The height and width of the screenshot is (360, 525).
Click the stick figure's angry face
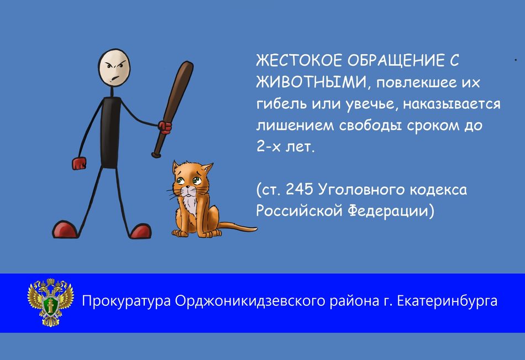114,67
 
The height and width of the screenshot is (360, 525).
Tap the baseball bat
173,108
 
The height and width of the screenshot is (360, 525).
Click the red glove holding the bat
165,127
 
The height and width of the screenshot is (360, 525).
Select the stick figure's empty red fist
79,163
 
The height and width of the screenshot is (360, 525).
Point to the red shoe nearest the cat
140,231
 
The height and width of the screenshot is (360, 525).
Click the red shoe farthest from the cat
65,229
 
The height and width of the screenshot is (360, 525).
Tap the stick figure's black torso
111,132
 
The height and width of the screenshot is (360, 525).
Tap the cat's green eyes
189,181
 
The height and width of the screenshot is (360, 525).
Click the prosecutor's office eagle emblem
50,302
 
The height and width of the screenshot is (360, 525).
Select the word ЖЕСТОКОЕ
298,61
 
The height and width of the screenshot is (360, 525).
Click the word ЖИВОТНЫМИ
311,82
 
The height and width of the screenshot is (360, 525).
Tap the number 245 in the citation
300,189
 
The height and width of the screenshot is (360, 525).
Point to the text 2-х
269,147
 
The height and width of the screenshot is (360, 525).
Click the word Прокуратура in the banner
127,301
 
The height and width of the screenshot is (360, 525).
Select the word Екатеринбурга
447,301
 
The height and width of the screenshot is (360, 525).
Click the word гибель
282,103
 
